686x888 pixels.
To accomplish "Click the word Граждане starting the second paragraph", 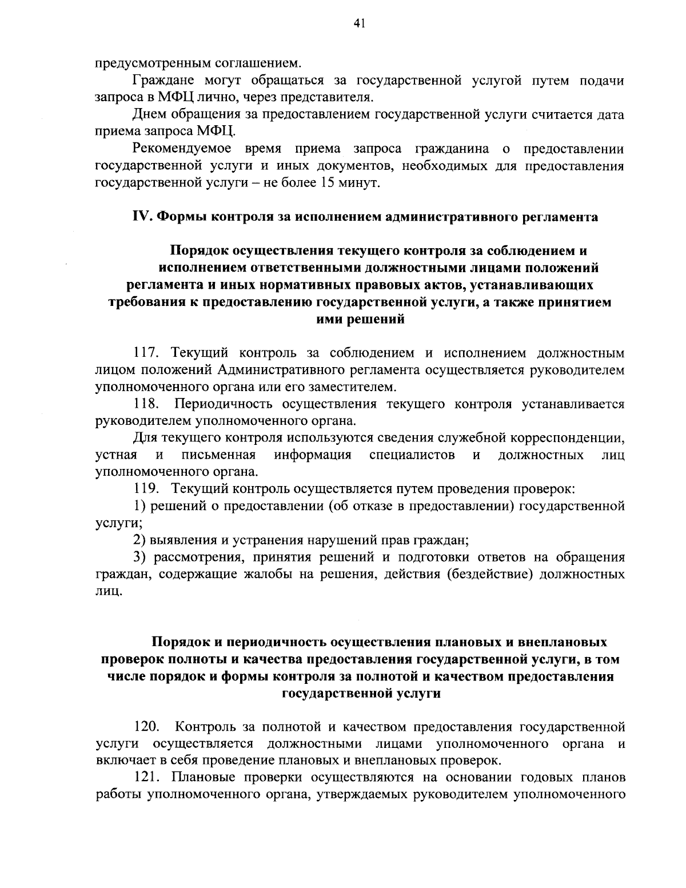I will [x=164, y=81].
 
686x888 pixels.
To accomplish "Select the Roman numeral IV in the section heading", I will [x=141, y=217].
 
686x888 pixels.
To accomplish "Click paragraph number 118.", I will [x=146, y=405].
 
